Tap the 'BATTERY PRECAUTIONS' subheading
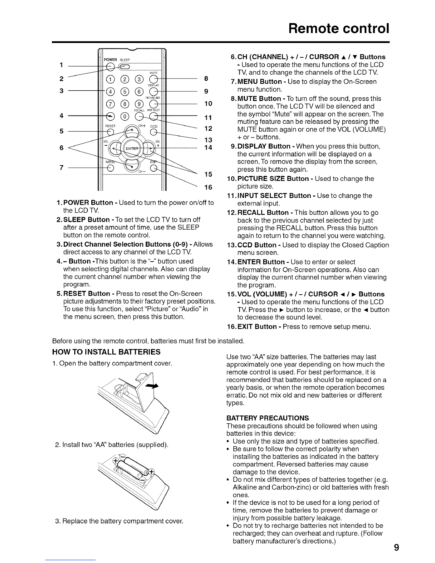tap(268, 418)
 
